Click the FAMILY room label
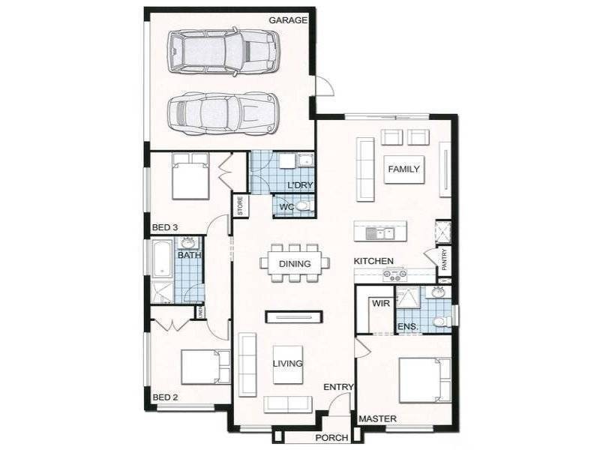coord(403,169)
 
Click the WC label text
coord(286,207)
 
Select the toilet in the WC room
coord(303,206)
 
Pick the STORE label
coord(240,205)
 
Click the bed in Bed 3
coord(190,177)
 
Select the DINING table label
coord(295,264)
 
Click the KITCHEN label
coord(374,260)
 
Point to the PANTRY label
coord(444,260)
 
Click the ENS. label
coord(406,327)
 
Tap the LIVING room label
coord(287,364)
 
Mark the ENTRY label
coord(337,387)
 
